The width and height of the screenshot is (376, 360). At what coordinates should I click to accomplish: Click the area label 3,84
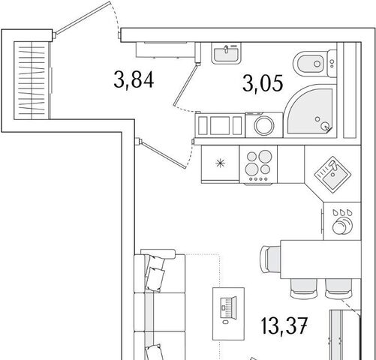point(134,79)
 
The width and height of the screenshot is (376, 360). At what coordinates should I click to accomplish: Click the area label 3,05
point(263,83)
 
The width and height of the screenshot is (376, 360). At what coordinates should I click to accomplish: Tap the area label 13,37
point(284,325)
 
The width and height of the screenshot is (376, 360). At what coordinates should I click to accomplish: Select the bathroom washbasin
point(226,53)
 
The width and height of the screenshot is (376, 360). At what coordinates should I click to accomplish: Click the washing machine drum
point(263,125)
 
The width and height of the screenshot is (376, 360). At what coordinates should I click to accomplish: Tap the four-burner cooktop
point(258,164)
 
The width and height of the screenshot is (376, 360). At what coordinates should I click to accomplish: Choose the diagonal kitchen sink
point(332,175)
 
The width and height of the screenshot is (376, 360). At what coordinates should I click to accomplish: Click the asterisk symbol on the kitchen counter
point(220,163)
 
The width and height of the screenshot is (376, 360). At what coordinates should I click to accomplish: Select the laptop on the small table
point(228,307)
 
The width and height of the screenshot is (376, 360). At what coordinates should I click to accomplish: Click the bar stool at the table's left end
point(271,259)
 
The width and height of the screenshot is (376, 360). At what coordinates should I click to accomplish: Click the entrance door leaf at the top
point(83,18)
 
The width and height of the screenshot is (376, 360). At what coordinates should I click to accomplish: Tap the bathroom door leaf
point(187,85)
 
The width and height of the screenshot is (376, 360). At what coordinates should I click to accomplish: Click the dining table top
point(320,259)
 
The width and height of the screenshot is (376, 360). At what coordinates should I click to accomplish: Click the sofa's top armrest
point(158,253)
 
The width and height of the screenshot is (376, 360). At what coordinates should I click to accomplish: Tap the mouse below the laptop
point(225,322)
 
